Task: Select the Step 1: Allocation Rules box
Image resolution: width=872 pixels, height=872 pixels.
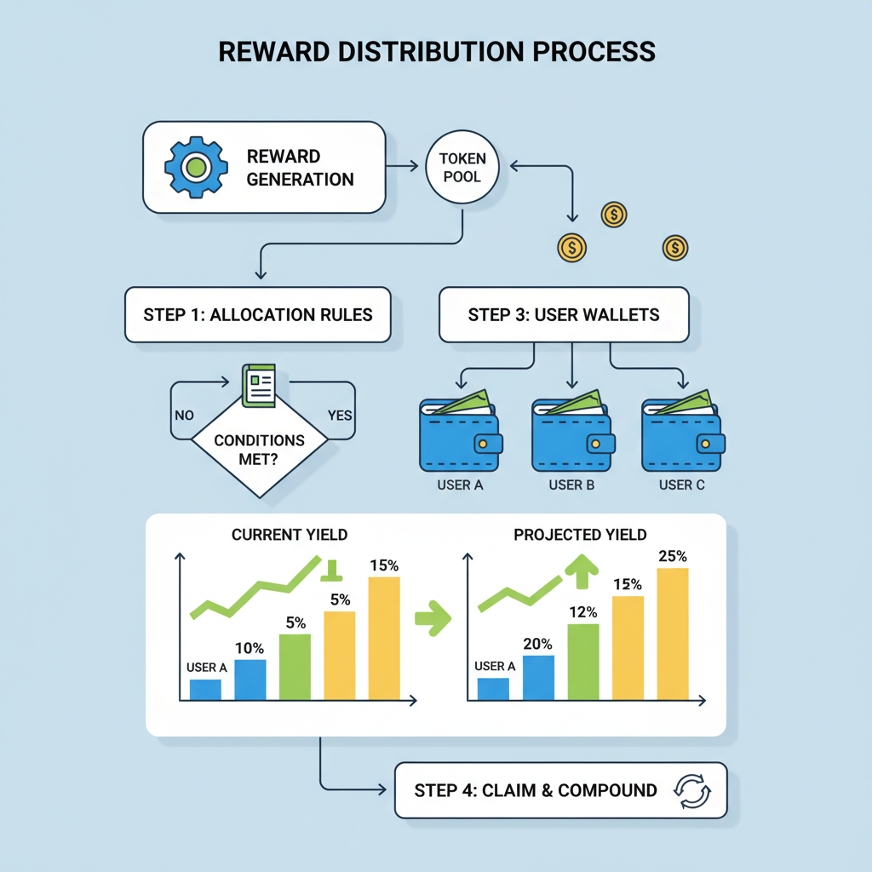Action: click(257, 315)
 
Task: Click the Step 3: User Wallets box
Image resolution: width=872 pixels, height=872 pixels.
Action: click(563, 315)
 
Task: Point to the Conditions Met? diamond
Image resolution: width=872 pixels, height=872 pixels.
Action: click(259, 450)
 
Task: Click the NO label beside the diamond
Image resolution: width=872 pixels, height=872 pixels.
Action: click(184, 416)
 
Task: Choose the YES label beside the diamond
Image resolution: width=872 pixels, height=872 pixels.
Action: click(340, 416)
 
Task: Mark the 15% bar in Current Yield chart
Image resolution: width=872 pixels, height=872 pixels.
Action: click(383, 639)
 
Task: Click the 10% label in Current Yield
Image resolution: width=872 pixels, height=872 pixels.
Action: click(249, 648)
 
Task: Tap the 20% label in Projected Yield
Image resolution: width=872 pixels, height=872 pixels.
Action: click(538, 644)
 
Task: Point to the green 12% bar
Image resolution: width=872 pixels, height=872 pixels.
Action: click(583, 663)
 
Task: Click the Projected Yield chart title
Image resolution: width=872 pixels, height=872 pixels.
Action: click(580, 535)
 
